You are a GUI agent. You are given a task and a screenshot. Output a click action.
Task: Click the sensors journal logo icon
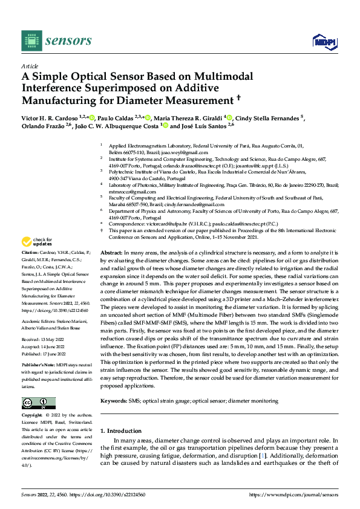31,40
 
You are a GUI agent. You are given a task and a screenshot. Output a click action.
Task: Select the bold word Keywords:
113,400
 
